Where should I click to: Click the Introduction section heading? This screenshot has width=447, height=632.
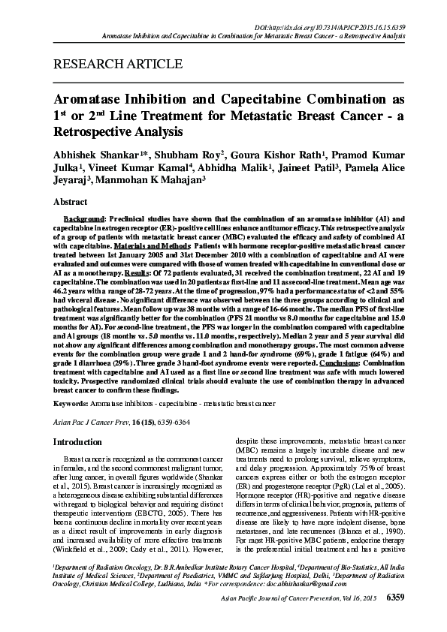82,442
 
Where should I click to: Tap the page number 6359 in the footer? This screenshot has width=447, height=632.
395,619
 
